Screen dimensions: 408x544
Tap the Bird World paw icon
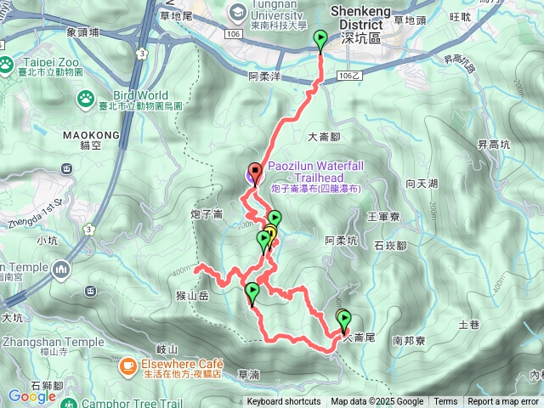[x=86, y=99]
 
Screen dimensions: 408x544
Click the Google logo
[x=31, y=396]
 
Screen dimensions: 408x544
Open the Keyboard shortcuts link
[x=283, y=402]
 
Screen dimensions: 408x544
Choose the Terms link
[x=445, y=402]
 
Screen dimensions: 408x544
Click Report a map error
[x=503, y=402]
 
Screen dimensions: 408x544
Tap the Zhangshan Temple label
[x=41, y=342]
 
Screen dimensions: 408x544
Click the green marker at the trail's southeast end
[x=344, y=320]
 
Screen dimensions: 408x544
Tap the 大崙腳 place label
[x=324, y=135]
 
